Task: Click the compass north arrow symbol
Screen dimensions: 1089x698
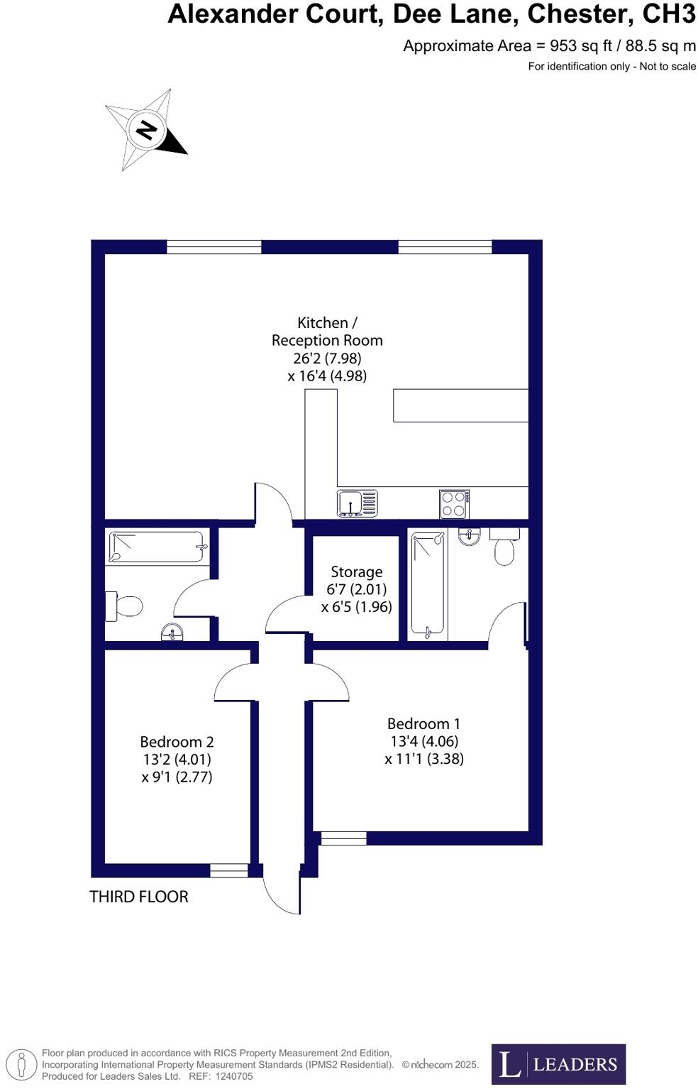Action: coord(146,130)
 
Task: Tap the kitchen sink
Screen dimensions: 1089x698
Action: coord(357,503)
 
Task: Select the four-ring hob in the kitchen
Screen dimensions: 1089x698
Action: coord(454,503)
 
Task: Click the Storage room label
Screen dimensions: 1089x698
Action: coord(356,572)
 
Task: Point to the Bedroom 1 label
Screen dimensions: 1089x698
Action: coord(423,724)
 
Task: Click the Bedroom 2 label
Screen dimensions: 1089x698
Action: coord(177,742)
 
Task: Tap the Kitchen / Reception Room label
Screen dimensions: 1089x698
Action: coord(327,332)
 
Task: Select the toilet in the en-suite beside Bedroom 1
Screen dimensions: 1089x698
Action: coord(504,547)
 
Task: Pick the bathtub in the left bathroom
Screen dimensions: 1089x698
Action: coord(156,547)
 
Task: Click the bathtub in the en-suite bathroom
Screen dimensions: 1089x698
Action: coord(428,583)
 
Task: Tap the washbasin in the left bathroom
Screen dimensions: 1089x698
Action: coord(172,632)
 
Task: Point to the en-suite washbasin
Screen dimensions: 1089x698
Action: coord(470,537)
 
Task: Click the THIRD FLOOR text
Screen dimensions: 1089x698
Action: coord(139,897)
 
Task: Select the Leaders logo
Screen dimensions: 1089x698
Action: coord(558,1063)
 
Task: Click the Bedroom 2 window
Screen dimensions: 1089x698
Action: coord(229,870)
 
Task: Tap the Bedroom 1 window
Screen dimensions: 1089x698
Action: coord(343,838)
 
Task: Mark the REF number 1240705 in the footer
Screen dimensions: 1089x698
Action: coord(234,1076)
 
